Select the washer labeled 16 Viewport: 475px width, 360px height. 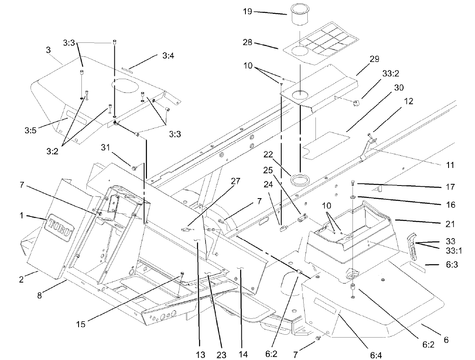coord(353,198)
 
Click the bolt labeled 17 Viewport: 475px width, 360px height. coord(353,184)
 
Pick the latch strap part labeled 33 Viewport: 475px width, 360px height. coord(412,246)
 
